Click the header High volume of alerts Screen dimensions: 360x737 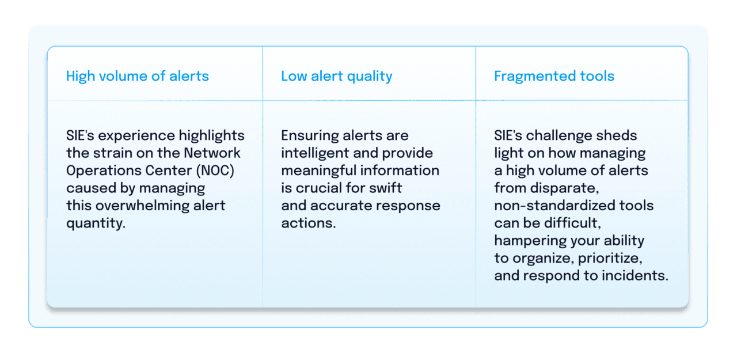tap(137, 76)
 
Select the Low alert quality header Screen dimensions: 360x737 tap(336, 76)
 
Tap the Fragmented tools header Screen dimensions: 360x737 tap(554, 76)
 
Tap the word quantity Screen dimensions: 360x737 tap(95, 223)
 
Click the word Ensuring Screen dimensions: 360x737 tap(307, 136)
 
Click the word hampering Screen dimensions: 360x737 tap(528, 241)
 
